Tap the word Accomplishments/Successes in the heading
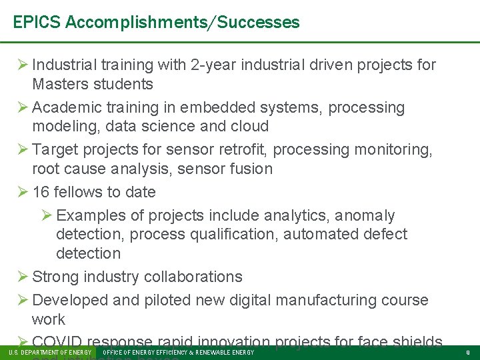click(x=183, y=22)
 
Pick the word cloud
click(x=249, y=126)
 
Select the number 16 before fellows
click(x=41, y=192)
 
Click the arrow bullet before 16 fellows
click(x=20, y=192)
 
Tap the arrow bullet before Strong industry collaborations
click(x=20, y=277)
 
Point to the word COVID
click(x=57, y=342)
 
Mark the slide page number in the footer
click(x=467, y=352)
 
